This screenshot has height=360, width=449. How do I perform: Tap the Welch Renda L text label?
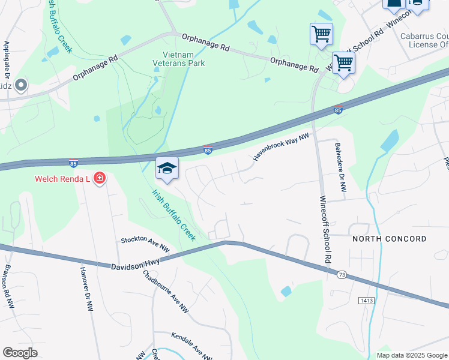click(61, 178)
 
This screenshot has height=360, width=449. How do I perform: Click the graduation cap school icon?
click(167, 169)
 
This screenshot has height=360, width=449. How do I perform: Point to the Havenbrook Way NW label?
click(280, 147)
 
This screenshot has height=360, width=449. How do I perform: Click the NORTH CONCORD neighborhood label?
click(389, 239)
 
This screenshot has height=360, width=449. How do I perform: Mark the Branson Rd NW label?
click(10, 286)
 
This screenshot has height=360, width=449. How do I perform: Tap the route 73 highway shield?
click(341, 274)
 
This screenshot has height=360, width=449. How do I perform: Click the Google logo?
click(20, 353)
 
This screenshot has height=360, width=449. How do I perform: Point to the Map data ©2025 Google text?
click(411, 355)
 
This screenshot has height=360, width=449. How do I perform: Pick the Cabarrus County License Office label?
click(424, 40)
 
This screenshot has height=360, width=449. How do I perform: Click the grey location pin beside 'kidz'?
click(22, 86)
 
